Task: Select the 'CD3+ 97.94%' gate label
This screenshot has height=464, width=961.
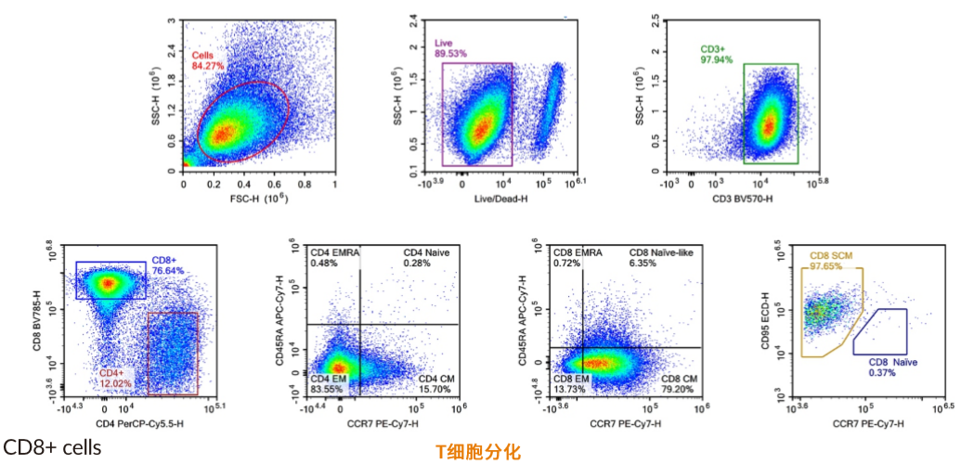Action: pyautogui.click(x=716, y=53)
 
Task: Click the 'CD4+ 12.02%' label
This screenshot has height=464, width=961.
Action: pyautogui.click(x=116, y=377)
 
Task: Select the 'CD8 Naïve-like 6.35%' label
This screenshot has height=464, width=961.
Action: pyautogui.click(x=661, y=257)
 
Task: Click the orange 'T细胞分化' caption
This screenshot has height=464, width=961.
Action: pyautogui.click(x=478, y=452)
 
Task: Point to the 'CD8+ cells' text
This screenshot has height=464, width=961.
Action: pyautogui.click(x=52, y=447)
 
